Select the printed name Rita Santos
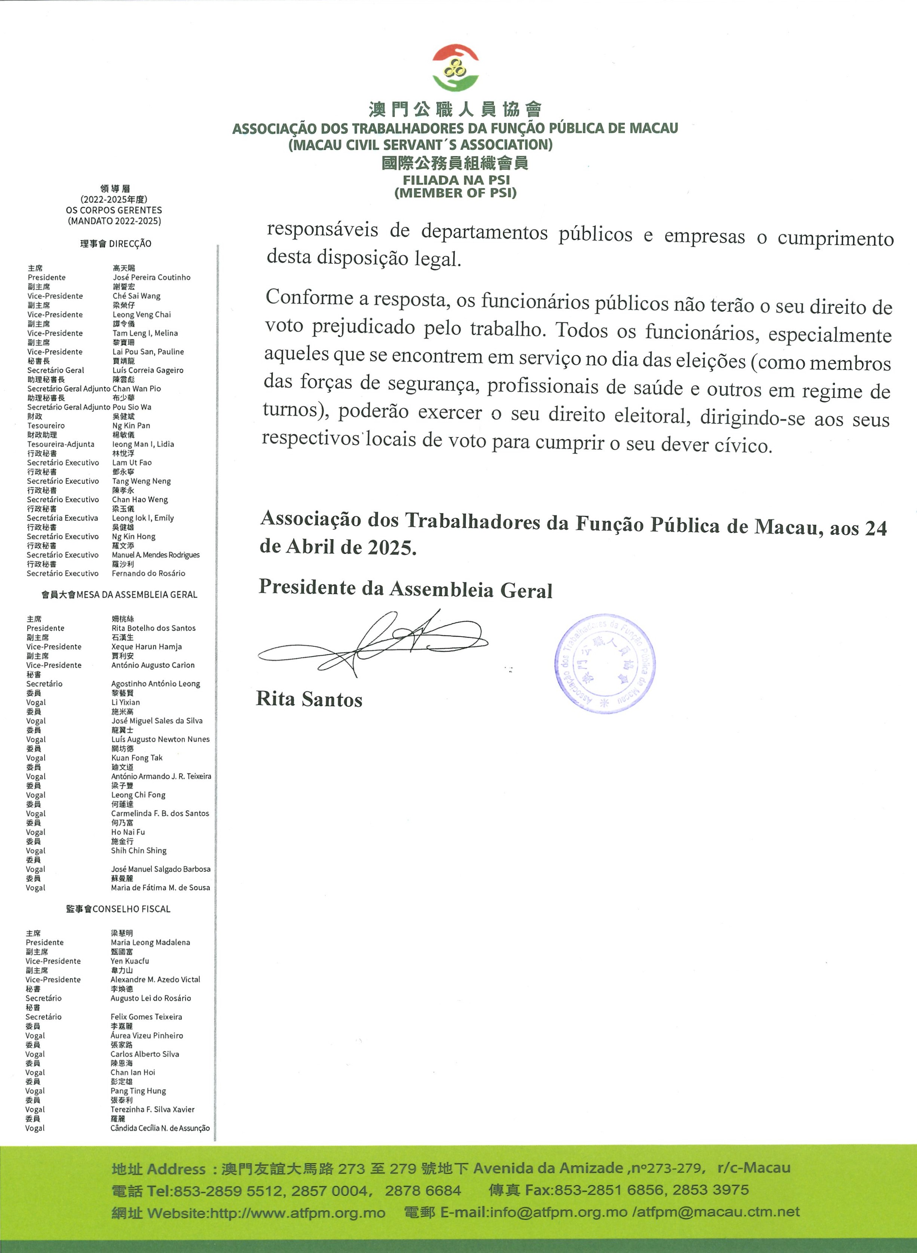point(309,699)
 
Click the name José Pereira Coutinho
point(151,278)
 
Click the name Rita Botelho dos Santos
point(153,628)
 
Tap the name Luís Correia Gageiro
point(148,370)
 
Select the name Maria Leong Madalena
point(150,942)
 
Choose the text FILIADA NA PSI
point(456,180)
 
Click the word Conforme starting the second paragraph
point(309,298)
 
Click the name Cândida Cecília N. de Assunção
point(160,1128)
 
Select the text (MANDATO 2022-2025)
point(114,221)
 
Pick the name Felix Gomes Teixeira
point(146,1017)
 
